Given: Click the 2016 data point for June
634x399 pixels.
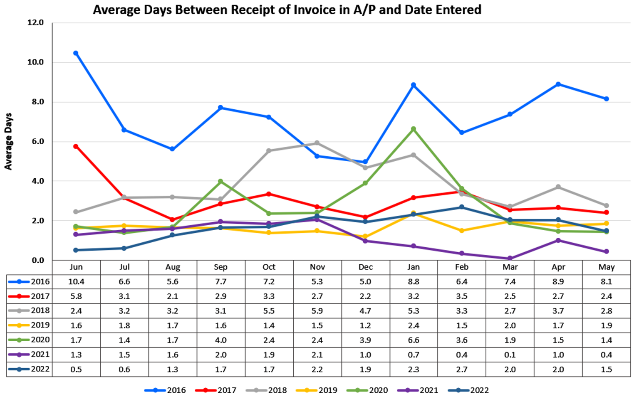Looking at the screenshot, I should coord(76,53).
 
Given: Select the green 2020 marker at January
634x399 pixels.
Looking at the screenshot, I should coord(414,129).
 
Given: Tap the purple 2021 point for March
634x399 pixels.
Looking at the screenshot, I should coord(510,258).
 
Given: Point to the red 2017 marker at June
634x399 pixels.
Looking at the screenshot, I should coord(76,146).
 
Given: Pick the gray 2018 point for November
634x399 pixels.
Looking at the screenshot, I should coord(317,143).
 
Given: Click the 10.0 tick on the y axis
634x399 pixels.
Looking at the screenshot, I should coord(36,62).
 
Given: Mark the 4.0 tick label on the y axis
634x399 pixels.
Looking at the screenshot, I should coord(36,181).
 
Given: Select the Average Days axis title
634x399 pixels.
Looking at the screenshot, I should coord(8,141).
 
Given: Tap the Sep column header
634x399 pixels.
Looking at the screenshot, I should coord(220,267).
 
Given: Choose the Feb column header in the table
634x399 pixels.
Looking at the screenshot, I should coord(462,267).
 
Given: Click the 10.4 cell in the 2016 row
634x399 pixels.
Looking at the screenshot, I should coord(76,282).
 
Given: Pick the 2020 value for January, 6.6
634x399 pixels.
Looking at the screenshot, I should coord(414,340).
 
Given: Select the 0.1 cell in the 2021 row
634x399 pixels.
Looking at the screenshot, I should coord(510,355).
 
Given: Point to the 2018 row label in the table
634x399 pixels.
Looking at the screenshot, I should coord(40,310).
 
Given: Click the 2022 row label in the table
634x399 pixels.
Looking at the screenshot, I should coord(40,369).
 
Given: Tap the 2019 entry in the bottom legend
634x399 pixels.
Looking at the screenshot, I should coord(327,390).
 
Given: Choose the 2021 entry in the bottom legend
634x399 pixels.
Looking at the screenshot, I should coord(428,390).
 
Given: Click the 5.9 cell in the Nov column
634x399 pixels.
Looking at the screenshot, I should coord(317,311).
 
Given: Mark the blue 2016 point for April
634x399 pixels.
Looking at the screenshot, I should coord(558,84).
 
